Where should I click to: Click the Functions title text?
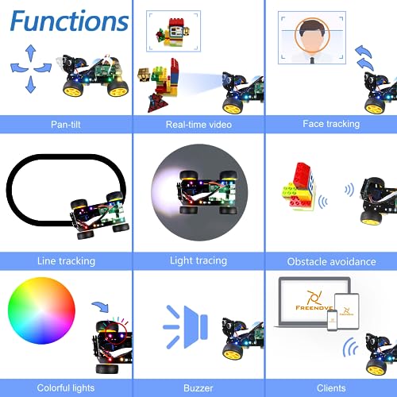pos(69,21)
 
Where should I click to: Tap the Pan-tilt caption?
pos(66,125)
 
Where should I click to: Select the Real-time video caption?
pos(198,125)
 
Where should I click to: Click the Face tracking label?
pos(331,124)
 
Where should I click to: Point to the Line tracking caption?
pos(66,261)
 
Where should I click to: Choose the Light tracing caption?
pos(198,260)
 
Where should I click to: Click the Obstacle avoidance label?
pos(331,262)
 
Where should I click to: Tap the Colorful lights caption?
pos(66,388)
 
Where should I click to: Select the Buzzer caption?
pos(198,388)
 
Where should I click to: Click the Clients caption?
pos(331,388)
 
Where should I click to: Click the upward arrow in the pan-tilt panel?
pos(31,53)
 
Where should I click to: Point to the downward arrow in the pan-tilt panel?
pos(31,84)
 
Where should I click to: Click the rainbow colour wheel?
pos(41,310)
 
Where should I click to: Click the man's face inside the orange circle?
pos(312,37)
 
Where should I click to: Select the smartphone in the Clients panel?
pos(333,320)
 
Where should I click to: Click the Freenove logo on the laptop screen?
pos(314,300)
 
